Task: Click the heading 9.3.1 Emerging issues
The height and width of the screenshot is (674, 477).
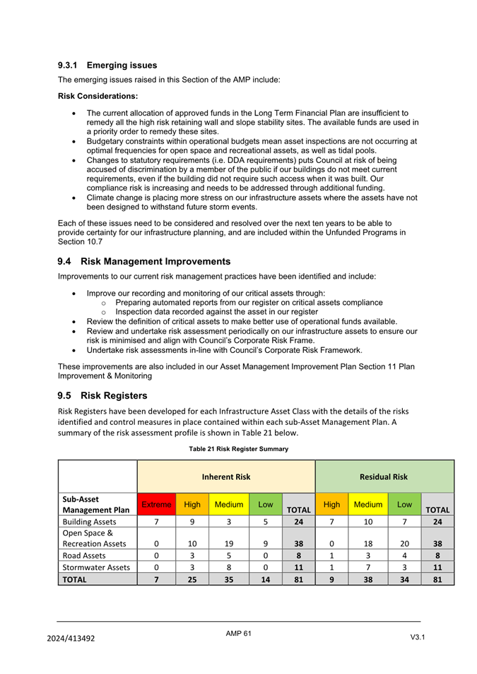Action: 107,66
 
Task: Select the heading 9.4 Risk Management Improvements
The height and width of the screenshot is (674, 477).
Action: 144,261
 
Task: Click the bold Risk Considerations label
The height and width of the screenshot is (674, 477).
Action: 98,95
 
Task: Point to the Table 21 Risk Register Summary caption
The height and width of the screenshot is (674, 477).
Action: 238,449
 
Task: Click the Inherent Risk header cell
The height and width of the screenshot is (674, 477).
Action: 226,477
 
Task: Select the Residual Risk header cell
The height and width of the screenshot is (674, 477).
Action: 384,477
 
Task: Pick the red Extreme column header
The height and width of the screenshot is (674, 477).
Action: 156,505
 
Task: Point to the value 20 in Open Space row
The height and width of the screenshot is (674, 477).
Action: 403,544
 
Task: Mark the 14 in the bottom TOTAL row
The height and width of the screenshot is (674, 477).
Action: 265,579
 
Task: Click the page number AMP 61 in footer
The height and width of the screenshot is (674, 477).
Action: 238,634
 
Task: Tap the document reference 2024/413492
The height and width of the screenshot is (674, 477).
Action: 71,638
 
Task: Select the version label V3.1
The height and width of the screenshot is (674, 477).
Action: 417,637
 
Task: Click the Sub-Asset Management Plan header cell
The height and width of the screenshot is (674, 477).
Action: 97,504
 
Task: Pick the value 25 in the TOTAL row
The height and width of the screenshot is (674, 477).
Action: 192,579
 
